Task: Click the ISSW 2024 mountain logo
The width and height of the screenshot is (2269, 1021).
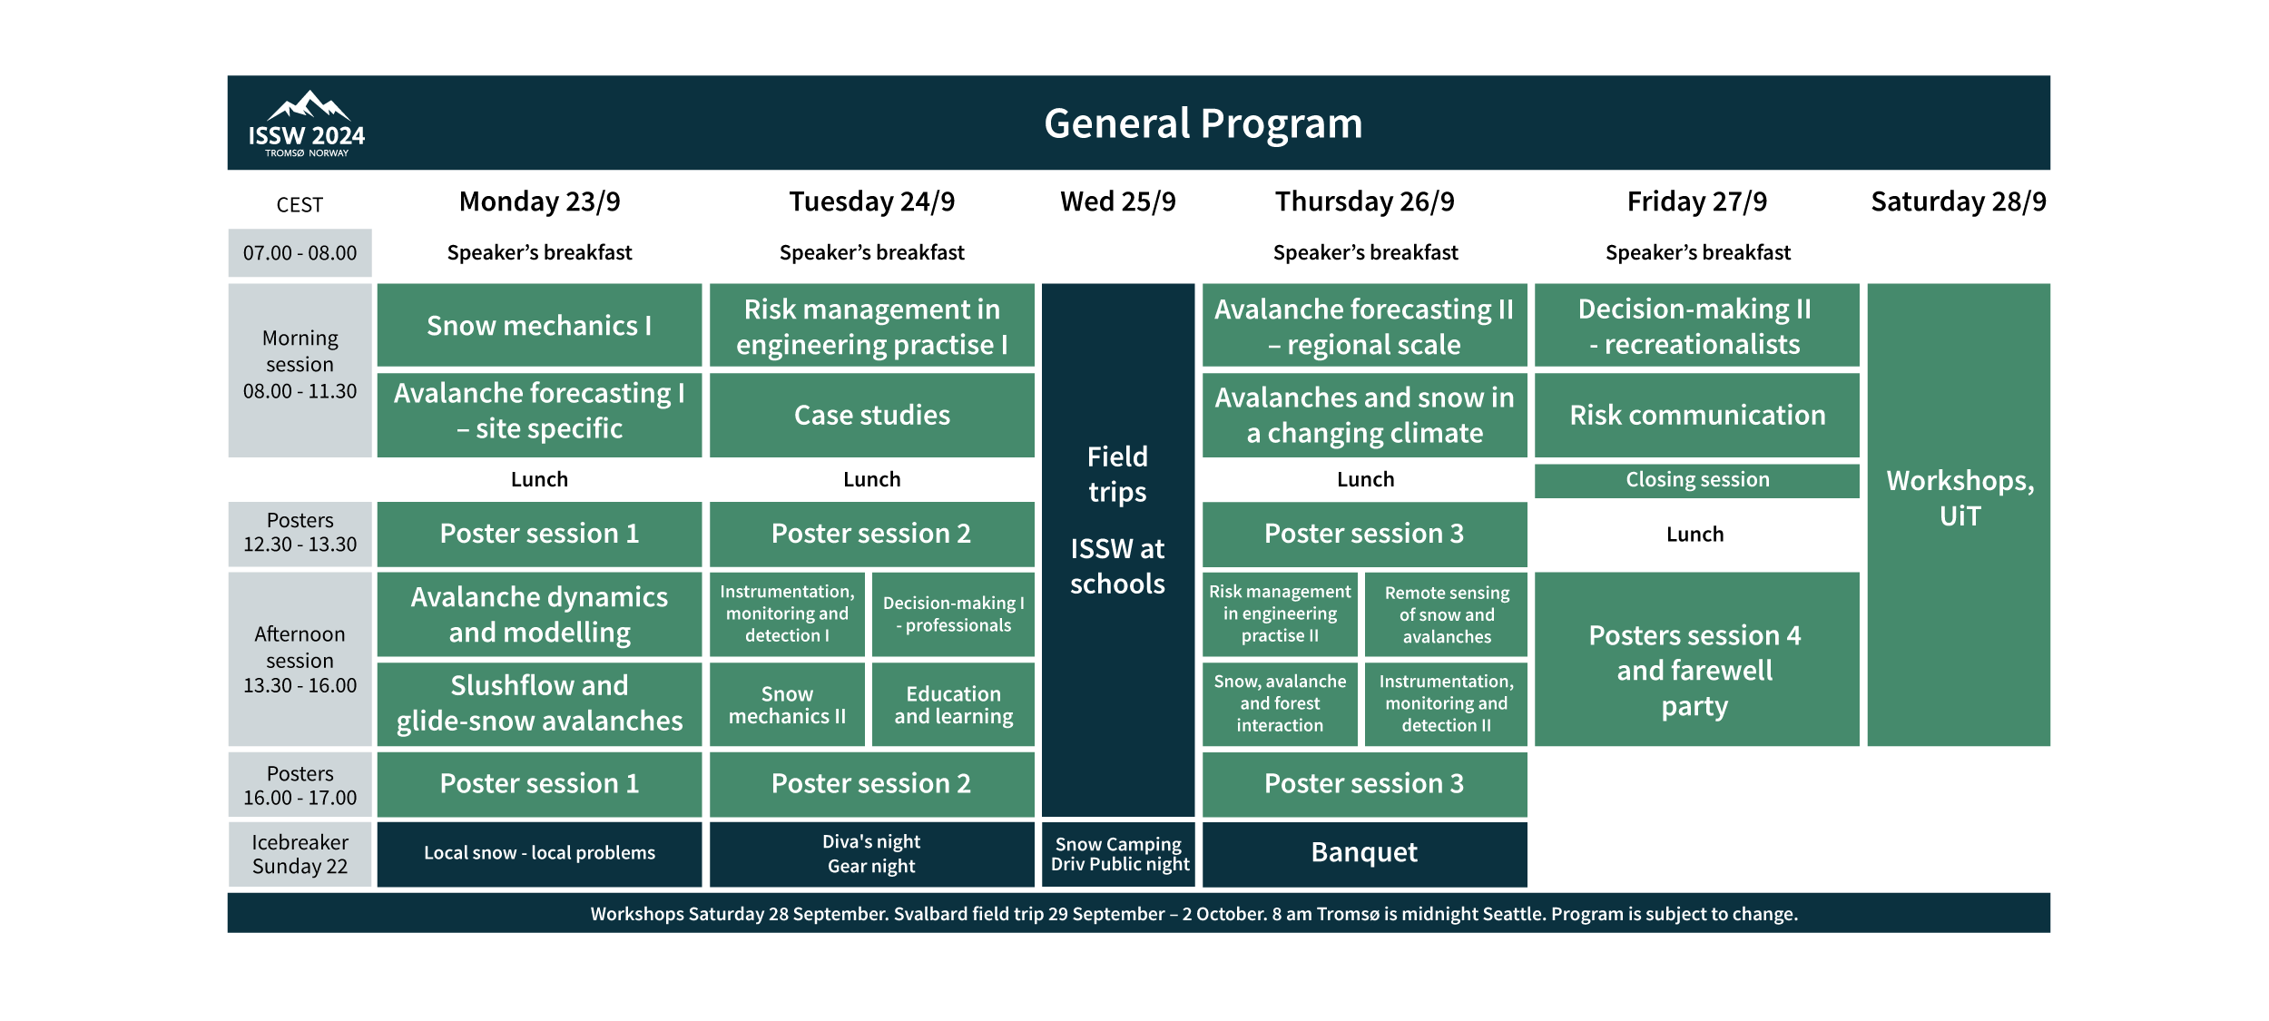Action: pyautogui.click(x=306, y=123)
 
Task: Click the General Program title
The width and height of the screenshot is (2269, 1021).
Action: pyautogui.click(x=1203, y=123)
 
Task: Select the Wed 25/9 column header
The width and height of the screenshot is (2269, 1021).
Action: pyautogui.click(x=1117, y=201)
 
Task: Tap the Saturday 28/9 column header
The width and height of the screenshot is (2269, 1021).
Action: pyautogui.click(x=1958, y=201)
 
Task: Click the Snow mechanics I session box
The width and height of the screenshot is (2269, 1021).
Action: pyautogui.click(x=539, y=325)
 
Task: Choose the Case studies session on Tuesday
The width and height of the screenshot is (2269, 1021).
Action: pyautogui.click(x=871, y=415)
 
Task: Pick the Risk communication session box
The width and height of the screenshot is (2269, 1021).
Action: pyautogui.click(x=1696, y=415)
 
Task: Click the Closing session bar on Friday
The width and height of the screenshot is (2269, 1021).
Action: pyautogui.click(x=1696, y=480)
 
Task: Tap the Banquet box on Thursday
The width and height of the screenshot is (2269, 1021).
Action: pyautogui.click(x=1364, y=853)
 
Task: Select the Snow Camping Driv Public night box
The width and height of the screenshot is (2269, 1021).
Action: pyautogui.click(x=1118, y=854)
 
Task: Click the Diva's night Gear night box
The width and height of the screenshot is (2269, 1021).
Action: pyautogui.click(x=871, y=854)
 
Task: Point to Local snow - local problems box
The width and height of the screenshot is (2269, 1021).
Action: pyautogui.click(x=539, y=853)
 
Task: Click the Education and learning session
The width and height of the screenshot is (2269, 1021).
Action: pyautogui.click(x=953, y=704)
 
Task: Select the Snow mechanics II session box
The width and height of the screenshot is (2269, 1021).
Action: pyautogui.click(x=787, y=704)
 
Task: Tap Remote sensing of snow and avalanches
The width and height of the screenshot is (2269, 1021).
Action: pyautogui.click(x=1446, y=614)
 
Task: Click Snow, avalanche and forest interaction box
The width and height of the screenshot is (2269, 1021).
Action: pyautogui.click(x=1280, y=703)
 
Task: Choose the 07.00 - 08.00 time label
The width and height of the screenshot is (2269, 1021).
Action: pyautogui.click(x=300, y=253)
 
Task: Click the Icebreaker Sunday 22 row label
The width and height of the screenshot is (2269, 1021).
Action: pyautogui.click(x=300, y=854)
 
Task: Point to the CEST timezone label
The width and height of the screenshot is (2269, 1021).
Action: pyautogui.click(x=300, y=205)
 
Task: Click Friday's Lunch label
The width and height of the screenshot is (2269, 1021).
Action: pyautogui.click(x=1694, y=535)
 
